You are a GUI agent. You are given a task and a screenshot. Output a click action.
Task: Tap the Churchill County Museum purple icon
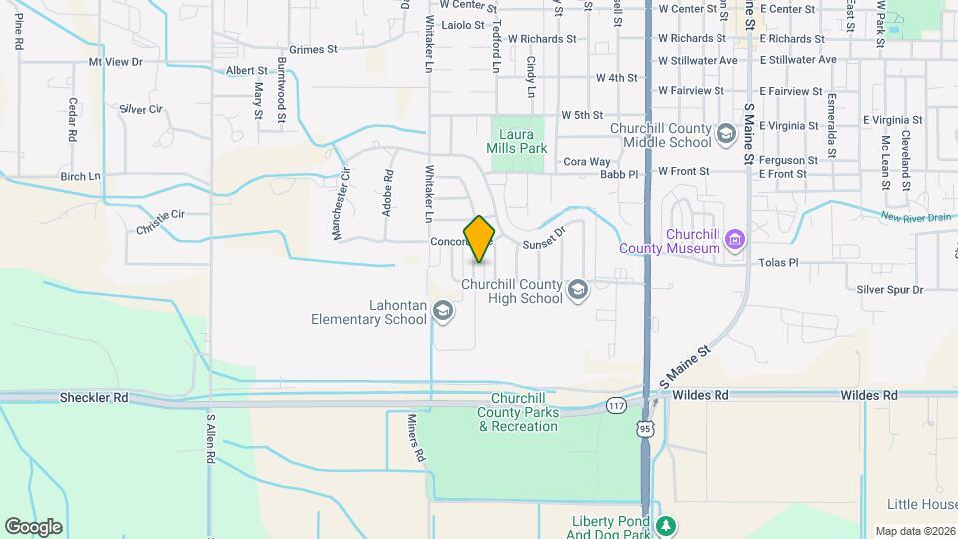pos(736,239)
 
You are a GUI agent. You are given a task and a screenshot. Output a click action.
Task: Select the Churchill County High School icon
pos(576,290)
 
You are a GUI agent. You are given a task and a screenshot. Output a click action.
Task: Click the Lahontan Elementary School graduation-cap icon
pos(442,312)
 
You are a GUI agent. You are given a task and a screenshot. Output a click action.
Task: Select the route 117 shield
pos(615,406)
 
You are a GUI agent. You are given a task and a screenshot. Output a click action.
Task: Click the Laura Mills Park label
pos(517,140)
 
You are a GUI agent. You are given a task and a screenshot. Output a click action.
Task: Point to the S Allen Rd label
pos(211,438)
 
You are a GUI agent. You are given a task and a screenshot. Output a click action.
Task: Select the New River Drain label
pos(914,217)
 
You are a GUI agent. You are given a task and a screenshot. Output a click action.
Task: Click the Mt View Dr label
pos(116,62)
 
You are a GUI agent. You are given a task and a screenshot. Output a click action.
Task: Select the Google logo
pos(33,526)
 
